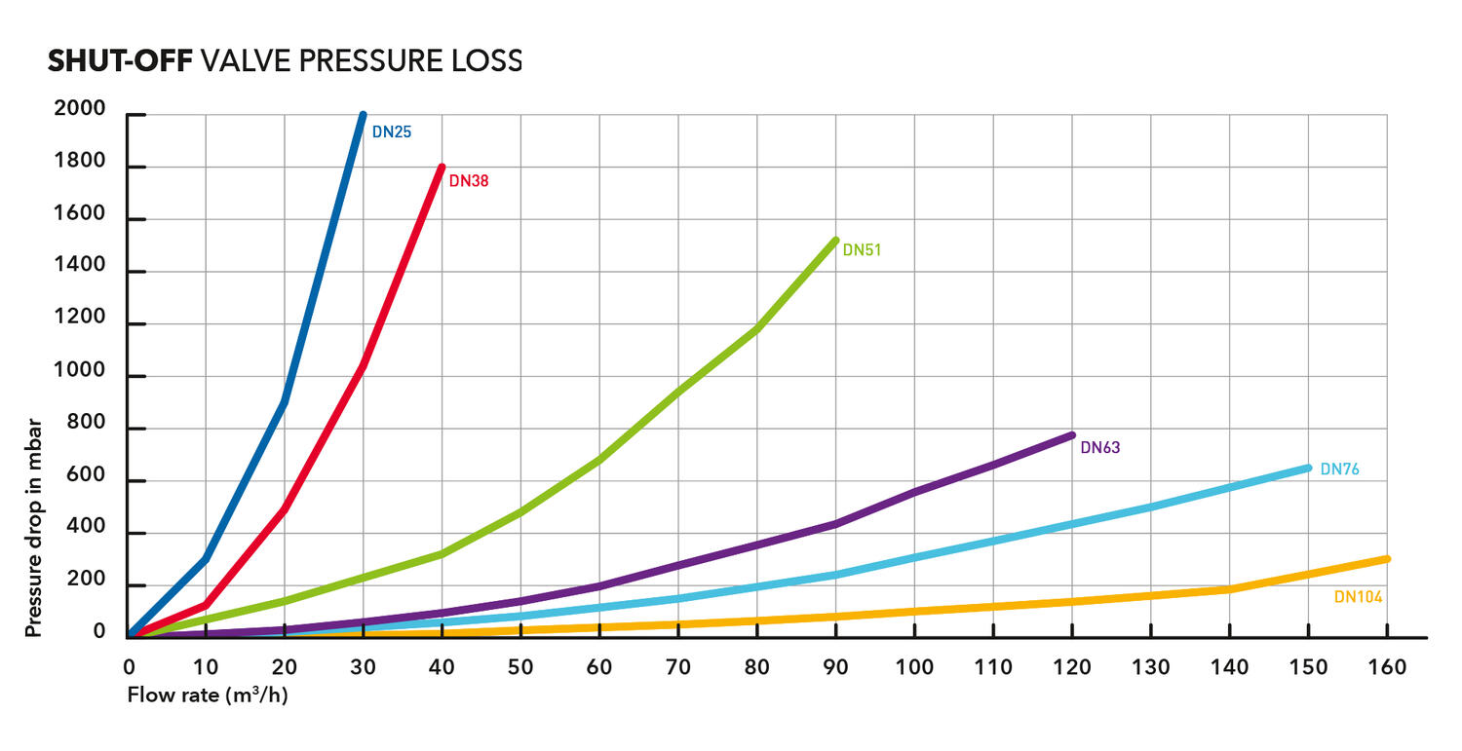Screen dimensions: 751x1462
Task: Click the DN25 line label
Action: point(392,131)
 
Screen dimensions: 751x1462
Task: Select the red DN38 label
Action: point(469,180)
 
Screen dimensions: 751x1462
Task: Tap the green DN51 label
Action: point(862,250)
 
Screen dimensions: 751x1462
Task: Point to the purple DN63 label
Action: point(1100,448)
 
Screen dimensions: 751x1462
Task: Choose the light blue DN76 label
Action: point(1339,469)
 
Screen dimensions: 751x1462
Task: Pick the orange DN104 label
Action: point(1358,597)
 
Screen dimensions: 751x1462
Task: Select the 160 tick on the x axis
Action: point(1388,667)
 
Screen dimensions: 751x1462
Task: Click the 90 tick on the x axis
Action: point(835,667)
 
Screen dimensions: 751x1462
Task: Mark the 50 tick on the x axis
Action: point(520,667)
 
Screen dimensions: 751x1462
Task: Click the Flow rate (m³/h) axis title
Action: point(208,695)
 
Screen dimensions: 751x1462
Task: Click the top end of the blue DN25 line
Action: point(363,115)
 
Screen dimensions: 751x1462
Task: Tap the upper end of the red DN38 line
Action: point(442,168)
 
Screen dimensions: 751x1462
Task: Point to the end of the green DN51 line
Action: point(835,240)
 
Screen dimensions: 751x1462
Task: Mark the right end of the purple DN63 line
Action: point(1071,434)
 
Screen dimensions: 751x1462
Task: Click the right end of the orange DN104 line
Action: point(1386,558)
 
